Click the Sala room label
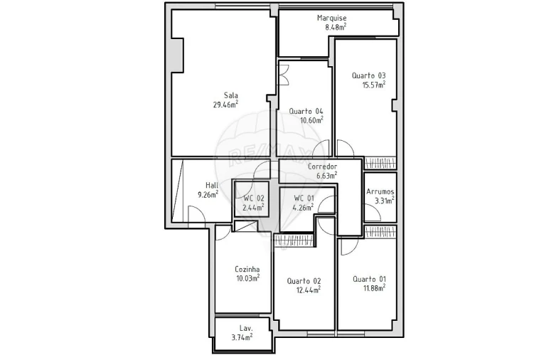coord(230,95)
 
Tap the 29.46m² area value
coord(225,105)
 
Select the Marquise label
coord(331,18)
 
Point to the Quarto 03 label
coord(368,75)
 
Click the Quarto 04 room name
coord(306,111)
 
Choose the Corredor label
coord(322,166)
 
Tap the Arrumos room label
coord(380,191)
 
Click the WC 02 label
coord(254,198)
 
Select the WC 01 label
coord(304,198)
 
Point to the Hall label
coord(212,184)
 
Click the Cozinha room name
coord(247,270)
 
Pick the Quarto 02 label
coord(304,281)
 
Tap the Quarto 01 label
coord(369,279)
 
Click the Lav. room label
coord(246,328)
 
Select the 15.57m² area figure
coord(373,85)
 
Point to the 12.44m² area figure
coord(308,290)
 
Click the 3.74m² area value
coord(242,337)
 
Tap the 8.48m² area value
coord(336,27)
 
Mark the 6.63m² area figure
coord(326,175)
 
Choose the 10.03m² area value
coord(247,278)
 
